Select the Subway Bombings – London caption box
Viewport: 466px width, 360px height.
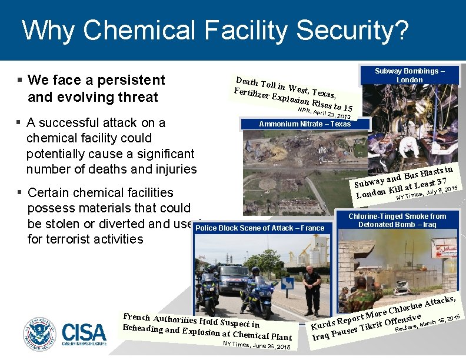(x=410, y=75)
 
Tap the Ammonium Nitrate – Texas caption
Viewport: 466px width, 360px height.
(x=305, y=124)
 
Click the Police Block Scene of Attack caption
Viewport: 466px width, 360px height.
(x=259, y=228)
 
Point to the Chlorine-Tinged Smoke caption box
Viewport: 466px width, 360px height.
(x=397, y=221)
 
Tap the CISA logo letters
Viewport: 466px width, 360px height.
(x=84, y=333)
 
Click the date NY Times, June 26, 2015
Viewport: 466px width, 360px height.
(x=257, y=347)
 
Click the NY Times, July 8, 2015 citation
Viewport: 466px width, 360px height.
(x=427, y=192)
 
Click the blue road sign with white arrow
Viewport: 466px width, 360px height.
(x=287, y=284)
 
